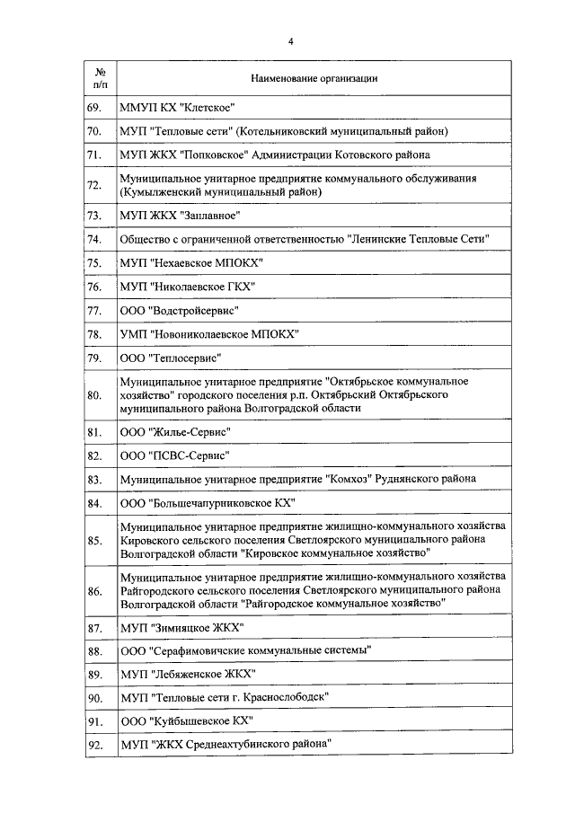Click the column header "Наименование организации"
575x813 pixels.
[314, 78]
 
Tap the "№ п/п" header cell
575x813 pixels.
[101, 78]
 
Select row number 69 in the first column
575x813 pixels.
[94, 108]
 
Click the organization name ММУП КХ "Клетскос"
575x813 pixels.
[177, 108]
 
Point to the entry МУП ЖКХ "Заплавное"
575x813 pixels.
[180, 215]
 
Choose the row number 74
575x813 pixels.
[94, 239]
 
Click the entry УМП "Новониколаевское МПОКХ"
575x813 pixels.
[209, 334]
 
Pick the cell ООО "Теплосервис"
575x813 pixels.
[170, 358]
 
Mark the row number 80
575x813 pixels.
[94, 394]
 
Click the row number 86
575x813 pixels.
[94, 592]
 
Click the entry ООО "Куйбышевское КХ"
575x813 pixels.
[186, 720]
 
